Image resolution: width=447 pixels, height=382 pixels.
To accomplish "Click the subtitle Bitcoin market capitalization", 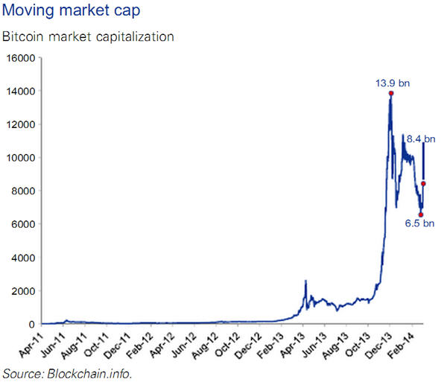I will tap(89, 36).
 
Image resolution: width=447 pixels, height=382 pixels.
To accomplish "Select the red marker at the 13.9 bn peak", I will tap(390, 93).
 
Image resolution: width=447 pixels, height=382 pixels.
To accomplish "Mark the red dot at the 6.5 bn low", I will tap(420, 214).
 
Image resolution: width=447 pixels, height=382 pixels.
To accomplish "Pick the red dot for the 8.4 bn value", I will tap(423, 183).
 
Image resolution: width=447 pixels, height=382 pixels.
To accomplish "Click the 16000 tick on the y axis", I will tap(21, 58).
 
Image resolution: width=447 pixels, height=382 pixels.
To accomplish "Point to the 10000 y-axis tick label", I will tap(21, 158).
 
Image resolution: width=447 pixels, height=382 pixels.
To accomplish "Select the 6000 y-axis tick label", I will tap(23, 224).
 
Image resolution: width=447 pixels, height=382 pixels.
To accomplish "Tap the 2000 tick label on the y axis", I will tap(23, 291).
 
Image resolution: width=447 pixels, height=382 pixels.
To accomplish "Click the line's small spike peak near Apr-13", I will tap(305, 281).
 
